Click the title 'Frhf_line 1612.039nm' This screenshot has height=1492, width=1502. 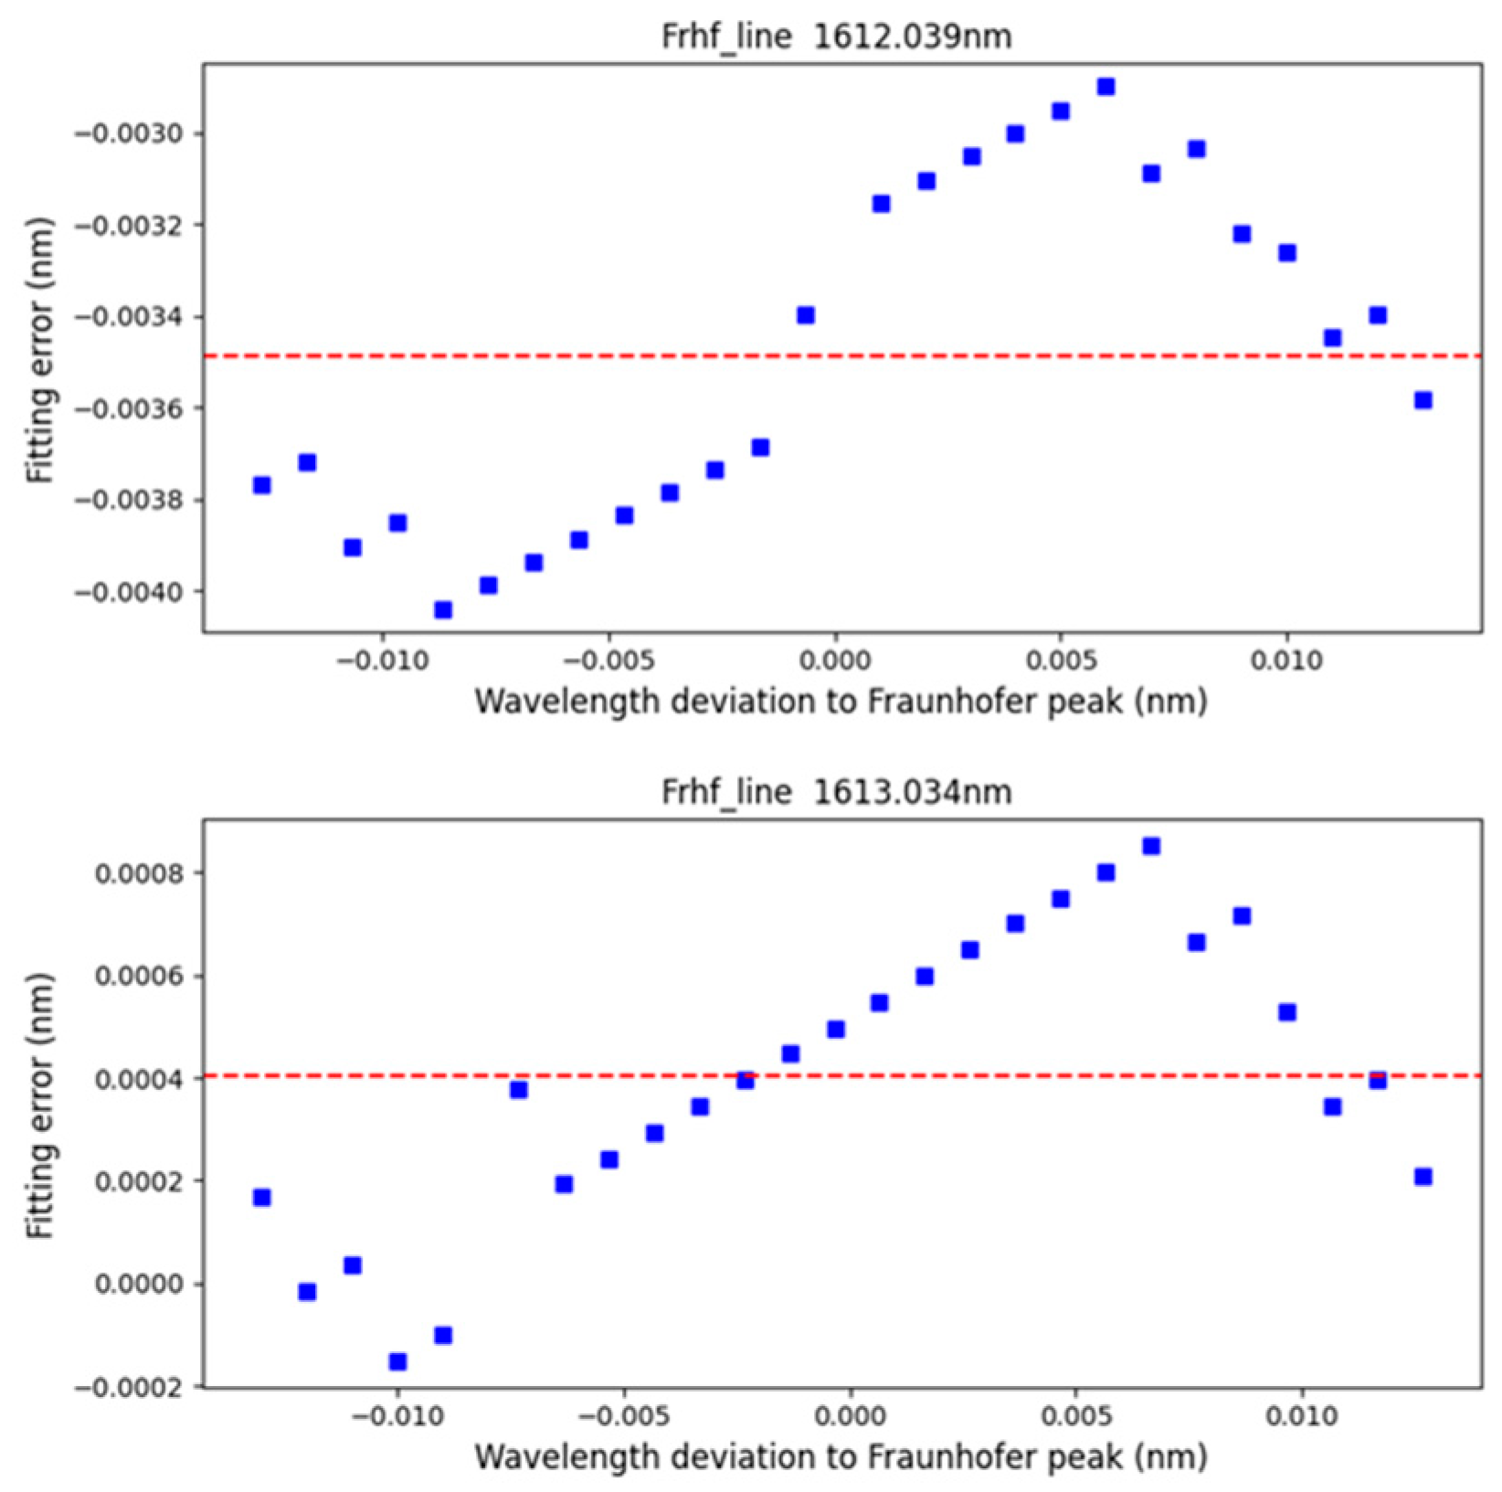[x=836, y=37]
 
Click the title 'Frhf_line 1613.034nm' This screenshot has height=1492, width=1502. [x=836, y=791]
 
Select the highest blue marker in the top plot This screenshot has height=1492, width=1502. [x=1105, y=87]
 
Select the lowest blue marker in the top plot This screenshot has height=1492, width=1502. [x=443, y=609]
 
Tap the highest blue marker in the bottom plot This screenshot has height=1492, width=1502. [x=1151, y=846]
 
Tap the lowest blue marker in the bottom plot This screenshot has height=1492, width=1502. [x=397, y=1361]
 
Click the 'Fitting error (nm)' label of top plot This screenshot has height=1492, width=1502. [x=38, y=350]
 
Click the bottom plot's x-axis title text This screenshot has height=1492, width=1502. [x=841, y=1457]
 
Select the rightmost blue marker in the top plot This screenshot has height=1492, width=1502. [x=1423, y=400]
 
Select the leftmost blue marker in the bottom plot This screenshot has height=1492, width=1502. [x=261, y=1197]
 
